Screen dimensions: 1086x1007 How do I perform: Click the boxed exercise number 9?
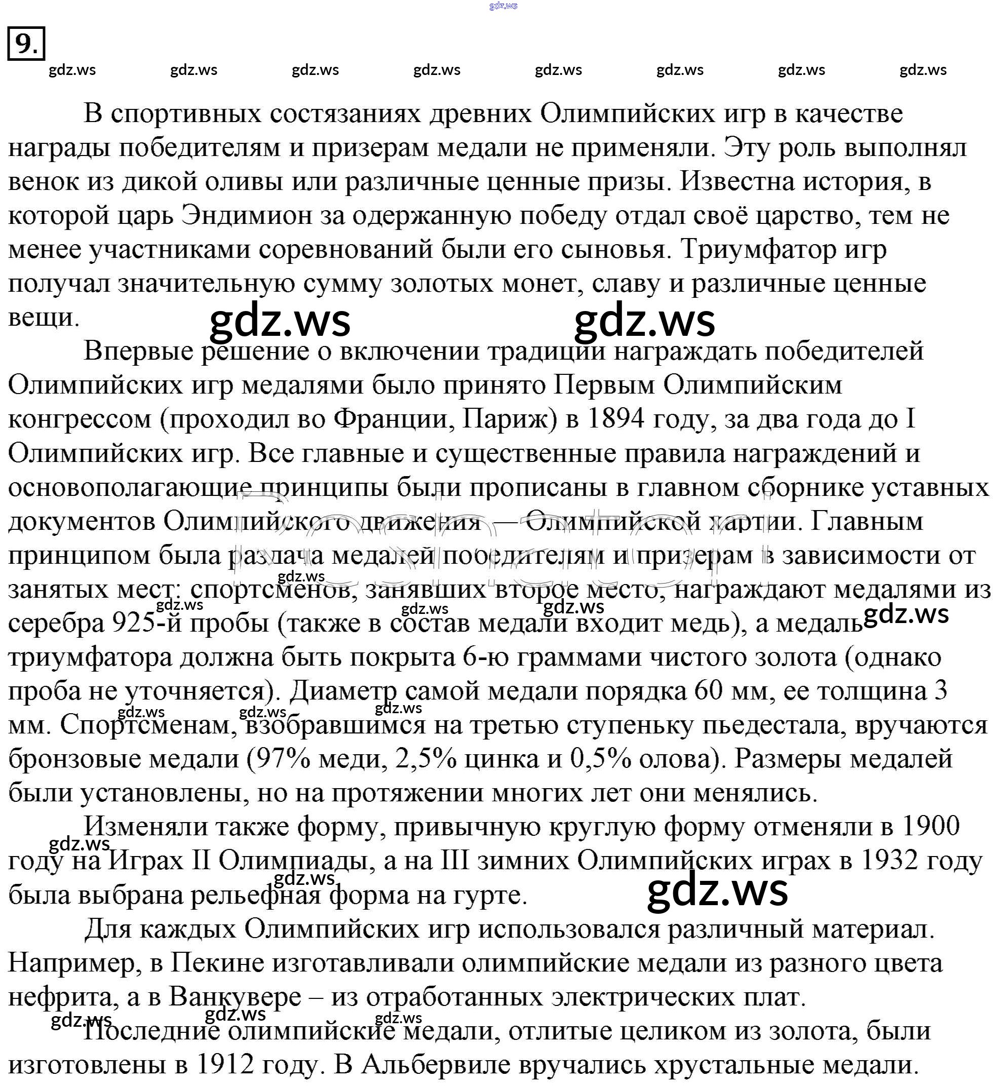pos(26,43)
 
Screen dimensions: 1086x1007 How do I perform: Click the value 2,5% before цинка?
pos(426,759)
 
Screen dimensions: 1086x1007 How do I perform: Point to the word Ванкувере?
pos(235,997)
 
